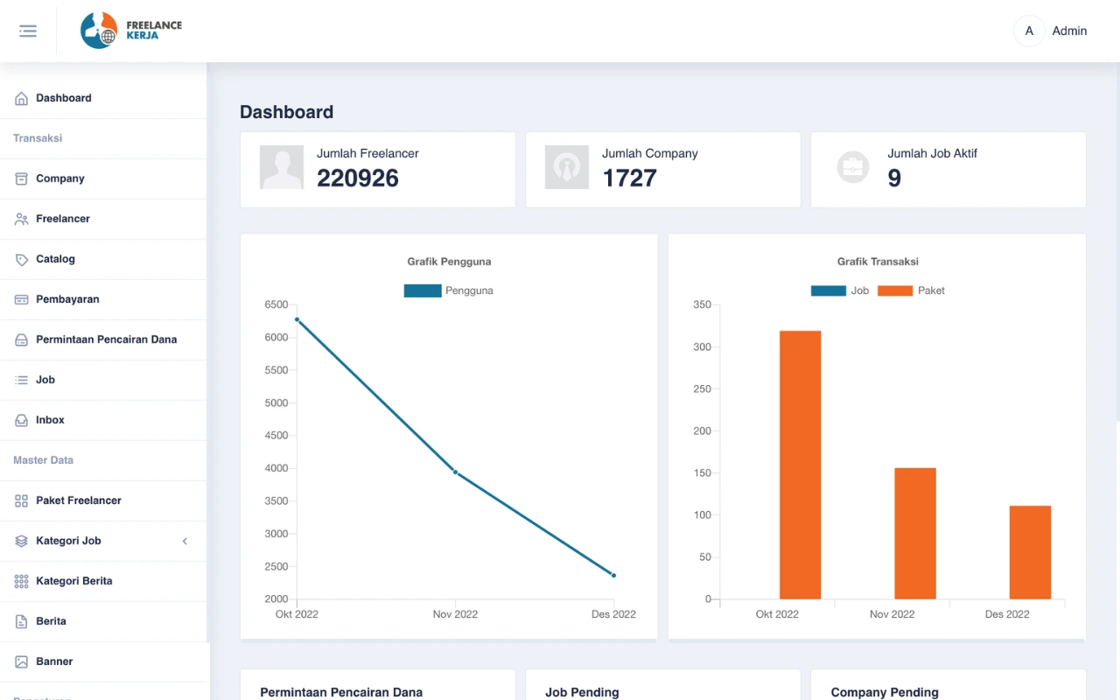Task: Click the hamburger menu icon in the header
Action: tap(28, 31)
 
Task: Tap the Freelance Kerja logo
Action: tap(131, 31)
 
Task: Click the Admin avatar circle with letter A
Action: tap(1029, 31)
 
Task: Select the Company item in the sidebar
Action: tap(59, 178)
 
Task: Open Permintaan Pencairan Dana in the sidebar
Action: tap(106, 339)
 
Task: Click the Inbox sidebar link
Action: tap(50, 420)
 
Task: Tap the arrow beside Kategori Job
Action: tap(185, 541)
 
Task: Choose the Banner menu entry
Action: tap(54, 661)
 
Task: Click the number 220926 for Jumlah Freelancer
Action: tap(358, 178)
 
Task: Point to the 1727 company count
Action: tap(629, 178)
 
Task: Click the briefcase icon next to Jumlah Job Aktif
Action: tap(852, 167)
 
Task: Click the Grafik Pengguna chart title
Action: tap(449, 262)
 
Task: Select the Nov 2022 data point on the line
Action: tap(455, 472)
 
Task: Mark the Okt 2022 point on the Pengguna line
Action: tap(297, 319)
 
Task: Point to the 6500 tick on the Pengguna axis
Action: tap(276, 304)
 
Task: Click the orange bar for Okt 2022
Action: tap(800, 465)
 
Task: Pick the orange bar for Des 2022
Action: tap(1030, 552)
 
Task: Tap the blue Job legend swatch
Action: tap(828, 290)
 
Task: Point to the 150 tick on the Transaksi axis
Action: tap(702, 473)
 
